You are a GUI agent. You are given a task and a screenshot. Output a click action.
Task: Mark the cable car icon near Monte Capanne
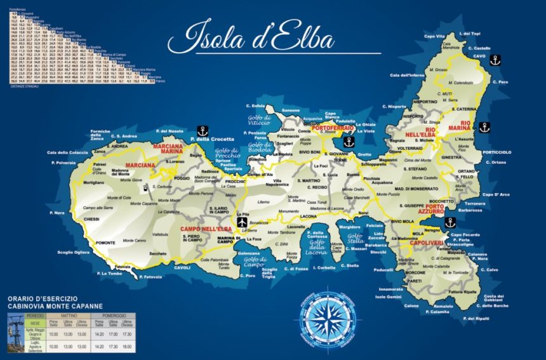click(146, 188)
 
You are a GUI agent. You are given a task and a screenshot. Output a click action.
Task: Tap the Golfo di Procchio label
click(226, 153)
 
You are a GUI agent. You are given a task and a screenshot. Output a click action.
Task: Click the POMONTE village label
click(105, 243)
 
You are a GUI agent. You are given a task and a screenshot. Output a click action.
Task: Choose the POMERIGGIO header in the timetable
click(116, 315)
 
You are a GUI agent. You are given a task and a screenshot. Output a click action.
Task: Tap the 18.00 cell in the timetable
click(127, 347)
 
